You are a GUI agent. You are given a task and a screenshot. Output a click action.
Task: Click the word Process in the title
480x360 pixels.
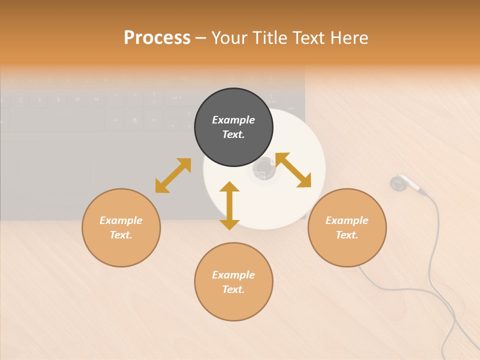(x=157, y=38)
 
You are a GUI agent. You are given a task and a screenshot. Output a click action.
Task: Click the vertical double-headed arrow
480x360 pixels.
(x=229, y=205)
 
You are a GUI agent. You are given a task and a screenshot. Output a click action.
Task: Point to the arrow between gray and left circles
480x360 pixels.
(x=173, y=175)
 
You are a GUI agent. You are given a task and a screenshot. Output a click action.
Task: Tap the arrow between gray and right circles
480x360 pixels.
(x=293, y=170)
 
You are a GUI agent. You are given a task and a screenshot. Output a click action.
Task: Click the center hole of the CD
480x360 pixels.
(x=264, y=169)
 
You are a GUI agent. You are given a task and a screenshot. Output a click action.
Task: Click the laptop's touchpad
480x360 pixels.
(x=55, y=177)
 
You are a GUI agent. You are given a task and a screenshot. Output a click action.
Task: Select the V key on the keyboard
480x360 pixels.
(x=39, y=100)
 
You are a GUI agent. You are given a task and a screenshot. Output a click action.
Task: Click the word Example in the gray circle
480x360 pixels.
(x=233, y=120)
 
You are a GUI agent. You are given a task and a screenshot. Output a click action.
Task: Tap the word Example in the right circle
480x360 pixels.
(x=347, y=220)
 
